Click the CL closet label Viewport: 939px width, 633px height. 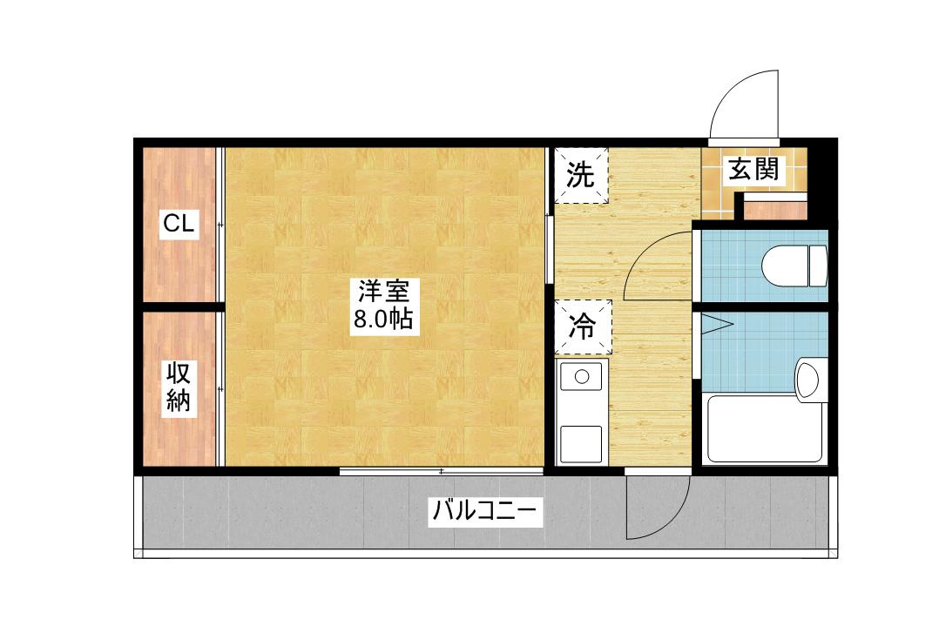click(179, 224)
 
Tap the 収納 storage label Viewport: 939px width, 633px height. click(179, 387)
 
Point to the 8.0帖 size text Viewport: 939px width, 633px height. click(383, 320)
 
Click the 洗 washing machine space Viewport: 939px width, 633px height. click(580, 175)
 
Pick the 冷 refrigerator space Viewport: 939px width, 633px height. click(583, 327)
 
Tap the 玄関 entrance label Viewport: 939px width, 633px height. click(753, 169)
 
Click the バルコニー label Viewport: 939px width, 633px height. click(485, 511)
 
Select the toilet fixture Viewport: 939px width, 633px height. click(794, 265)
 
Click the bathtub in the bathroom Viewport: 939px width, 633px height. click(766, 428)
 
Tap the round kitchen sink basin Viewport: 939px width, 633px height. click(582, 377)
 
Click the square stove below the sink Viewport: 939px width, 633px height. click(581, 444)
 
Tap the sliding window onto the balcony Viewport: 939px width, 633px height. click(442, 471)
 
